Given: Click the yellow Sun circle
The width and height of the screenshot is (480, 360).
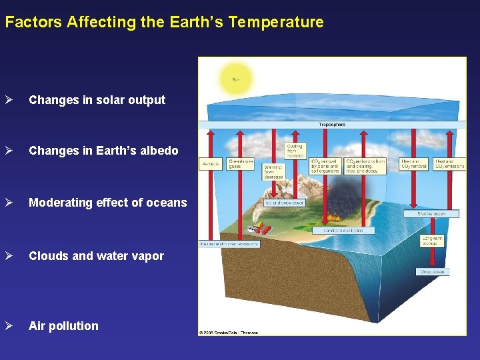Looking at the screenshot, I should (x=235, y=79).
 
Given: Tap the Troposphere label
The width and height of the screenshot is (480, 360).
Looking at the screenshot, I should (x=331, y=124).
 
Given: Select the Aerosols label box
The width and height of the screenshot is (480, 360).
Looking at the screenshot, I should (x=210, y=164).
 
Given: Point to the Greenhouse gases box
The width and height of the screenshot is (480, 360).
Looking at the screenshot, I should (x=241, y=164).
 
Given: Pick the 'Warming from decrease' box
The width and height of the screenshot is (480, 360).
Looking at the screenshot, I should (x=273, y=172).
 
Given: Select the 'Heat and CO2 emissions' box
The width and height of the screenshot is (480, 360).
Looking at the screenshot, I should (x=449, y=164).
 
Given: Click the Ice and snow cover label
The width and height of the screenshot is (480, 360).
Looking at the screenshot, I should (x=285, y=202).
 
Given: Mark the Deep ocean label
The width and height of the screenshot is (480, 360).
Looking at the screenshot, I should (x=431, y=271).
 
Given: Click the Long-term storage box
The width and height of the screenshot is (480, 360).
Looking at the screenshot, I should (x=433, y=241).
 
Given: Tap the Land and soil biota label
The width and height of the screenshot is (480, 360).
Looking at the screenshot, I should (x=343, y=230).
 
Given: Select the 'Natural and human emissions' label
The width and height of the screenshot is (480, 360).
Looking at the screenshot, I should (x=229, y=244).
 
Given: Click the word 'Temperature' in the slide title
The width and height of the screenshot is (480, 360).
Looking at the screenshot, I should (x=275, y=22).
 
